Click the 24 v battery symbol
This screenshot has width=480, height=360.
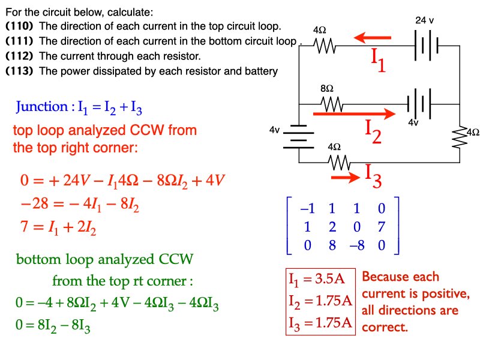pos(427,46)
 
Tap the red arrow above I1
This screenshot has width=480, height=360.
pos(373,38)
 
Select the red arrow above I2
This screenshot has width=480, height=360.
pos(354,113)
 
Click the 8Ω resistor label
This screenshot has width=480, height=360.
pos(327,89)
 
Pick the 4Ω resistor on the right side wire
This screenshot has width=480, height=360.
pos(460,137)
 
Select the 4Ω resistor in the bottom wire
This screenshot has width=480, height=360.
pos(340,162)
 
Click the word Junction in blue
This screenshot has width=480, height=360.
pos(41,107)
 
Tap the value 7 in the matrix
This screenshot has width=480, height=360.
pos(382,227)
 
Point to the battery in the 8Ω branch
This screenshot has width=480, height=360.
pos(418,103)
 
